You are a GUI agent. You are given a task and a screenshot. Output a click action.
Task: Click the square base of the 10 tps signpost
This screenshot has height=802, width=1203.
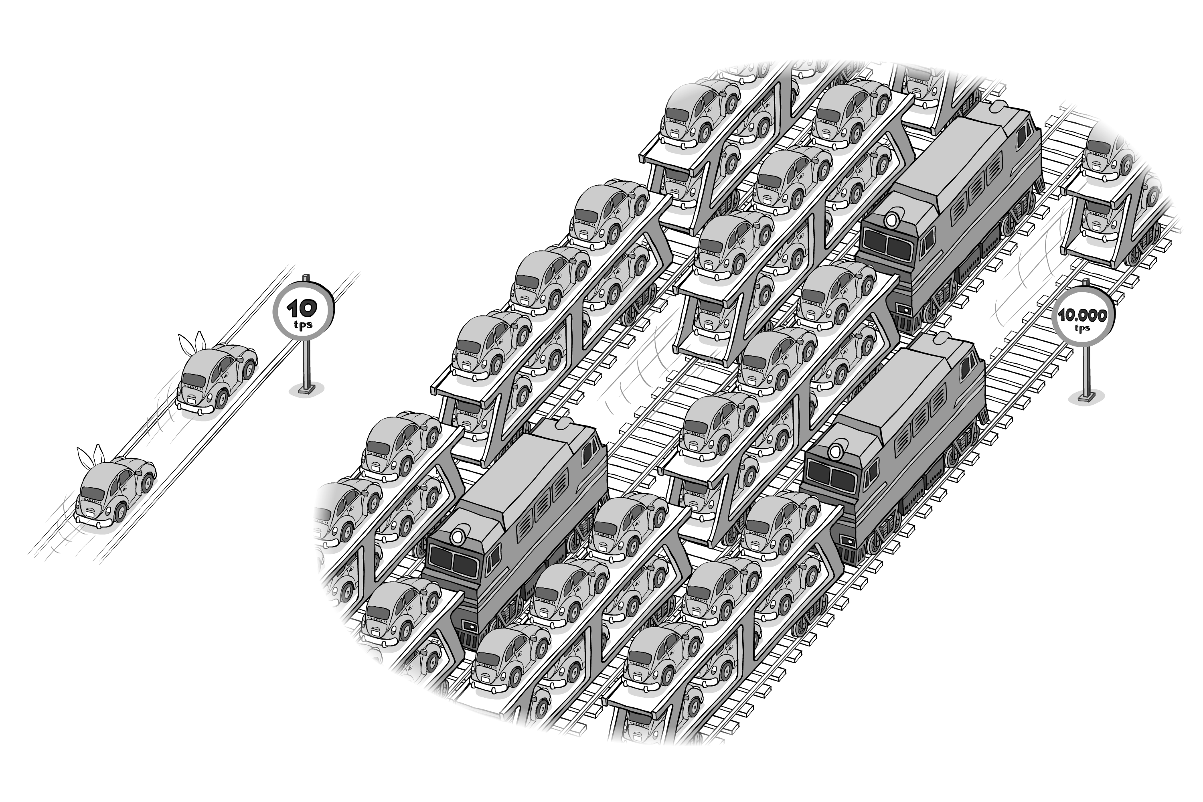pyautogui.click(x=306, y=390)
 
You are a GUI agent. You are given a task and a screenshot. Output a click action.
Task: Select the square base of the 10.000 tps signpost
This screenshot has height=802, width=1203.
pyautogui.click(x=1086, y=397)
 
